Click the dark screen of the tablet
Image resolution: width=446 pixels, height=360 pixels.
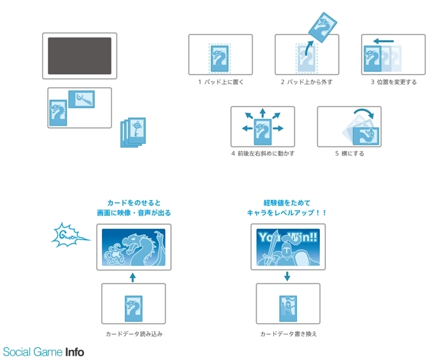click(80, 55)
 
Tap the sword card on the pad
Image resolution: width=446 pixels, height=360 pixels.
click(82, 99)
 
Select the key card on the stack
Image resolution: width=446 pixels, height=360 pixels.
click(137, 130)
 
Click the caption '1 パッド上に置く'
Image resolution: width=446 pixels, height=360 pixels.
click(220, 82)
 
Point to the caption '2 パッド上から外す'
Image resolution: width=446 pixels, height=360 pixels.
click(306, 82)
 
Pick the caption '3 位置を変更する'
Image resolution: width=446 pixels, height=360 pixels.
click(394, 82)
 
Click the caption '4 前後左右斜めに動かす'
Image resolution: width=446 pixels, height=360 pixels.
click(263, 154)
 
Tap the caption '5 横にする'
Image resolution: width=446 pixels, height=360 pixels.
click(350, 154)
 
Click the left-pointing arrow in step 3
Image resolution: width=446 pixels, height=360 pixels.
click(384, 41)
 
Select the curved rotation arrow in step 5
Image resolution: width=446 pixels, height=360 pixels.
click(364, 110)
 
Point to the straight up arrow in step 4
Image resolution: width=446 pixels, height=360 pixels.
click(263, 113)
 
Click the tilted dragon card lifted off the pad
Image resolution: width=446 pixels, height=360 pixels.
click(322, 27)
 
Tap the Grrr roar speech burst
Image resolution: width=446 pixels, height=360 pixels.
click(69, 235)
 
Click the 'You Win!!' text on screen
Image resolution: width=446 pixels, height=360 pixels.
click(288, 237)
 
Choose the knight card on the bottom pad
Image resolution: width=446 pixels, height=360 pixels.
click(288, 309)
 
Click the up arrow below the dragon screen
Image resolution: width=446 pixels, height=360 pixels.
click(133, 277)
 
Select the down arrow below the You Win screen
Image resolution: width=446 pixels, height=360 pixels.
click(287, 277)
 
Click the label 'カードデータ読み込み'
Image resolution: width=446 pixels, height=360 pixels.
click(134, 334)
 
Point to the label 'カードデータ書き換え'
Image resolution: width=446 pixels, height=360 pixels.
click(289, 334)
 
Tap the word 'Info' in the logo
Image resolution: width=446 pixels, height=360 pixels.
click(75, 352)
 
